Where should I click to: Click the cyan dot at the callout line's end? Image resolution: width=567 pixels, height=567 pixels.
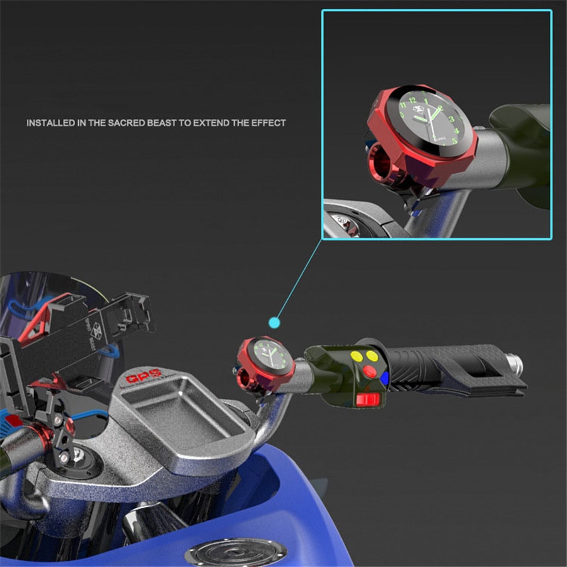pos(274,323)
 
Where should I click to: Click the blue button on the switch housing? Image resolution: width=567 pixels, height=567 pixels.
pos(384,375)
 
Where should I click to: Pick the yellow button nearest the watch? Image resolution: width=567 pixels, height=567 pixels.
pos(357,356)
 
